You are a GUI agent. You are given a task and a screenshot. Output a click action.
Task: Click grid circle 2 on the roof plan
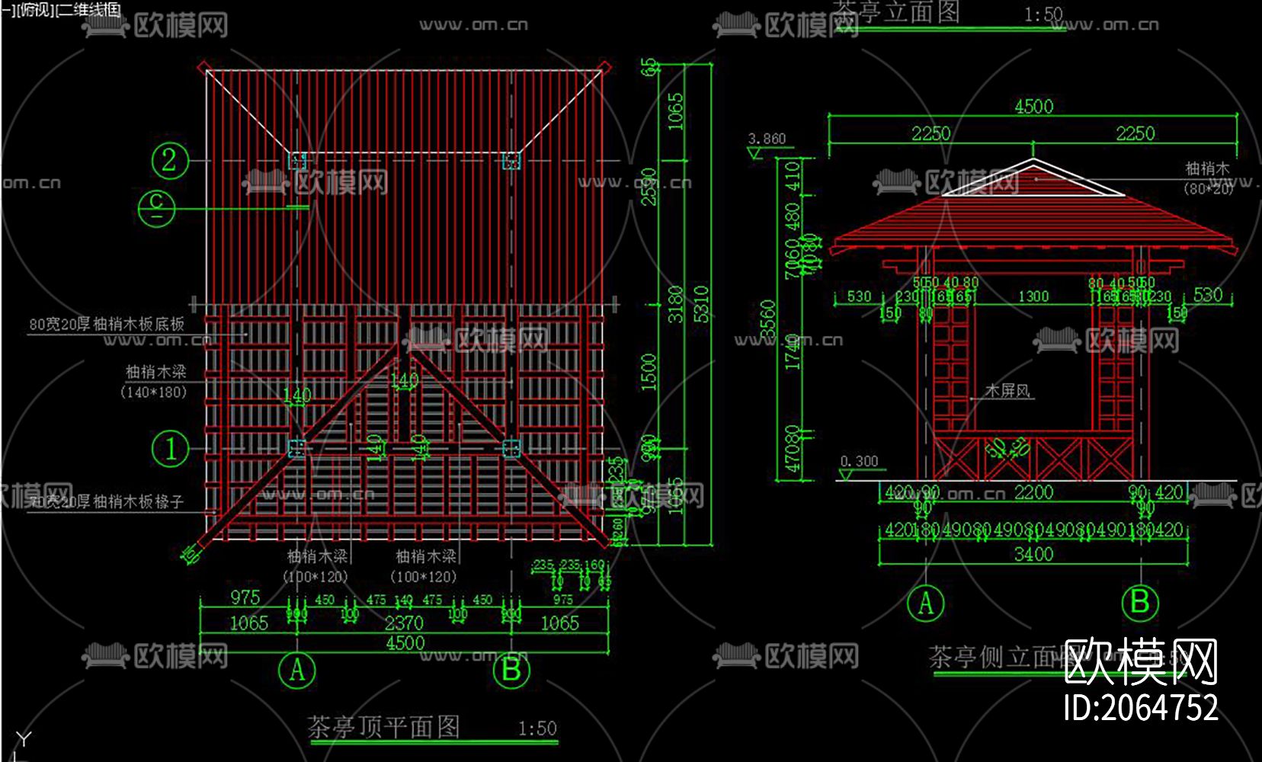pyautogui.click(x=169, y=160)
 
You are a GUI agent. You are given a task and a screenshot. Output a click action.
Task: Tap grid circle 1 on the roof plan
pyautogui.click(x=170, y=448)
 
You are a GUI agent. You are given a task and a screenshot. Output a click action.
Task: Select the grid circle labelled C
pyautogui.click(x=157, y=207)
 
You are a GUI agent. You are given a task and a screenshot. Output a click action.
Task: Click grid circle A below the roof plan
pyautogui.click(x=297, y=671)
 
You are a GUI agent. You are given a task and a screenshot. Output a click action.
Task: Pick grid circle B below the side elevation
pyautogui.click(x=1140, y=602)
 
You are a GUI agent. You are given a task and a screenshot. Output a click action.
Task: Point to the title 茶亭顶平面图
pyautogui.click(x=383, y=727)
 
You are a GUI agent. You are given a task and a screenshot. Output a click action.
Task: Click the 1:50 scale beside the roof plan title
pyautogui.click(x=537, y=729)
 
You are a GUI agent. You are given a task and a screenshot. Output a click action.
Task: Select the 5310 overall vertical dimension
pyautogui.click(x=701, y=303)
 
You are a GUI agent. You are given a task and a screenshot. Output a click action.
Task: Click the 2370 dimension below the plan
pyautogui.click(x=404, y=623)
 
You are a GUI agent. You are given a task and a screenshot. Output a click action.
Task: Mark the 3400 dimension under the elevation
pyautogui.click(x=1033, y=554)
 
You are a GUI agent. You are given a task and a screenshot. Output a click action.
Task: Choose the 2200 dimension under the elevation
pyautogui.click(x=1033, y=493)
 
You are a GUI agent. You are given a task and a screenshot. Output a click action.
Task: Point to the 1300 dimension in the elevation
pyautogui.click(x=1033, y=296)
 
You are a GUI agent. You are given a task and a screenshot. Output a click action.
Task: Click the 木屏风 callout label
pyautogui.click(x=1007, y=391)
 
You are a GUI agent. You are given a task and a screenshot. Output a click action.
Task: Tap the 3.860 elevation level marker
pyautogui.click(x=767, y=139)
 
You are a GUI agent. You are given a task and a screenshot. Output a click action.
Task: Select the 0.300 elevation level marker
pyautogui.click(x=859, y=462)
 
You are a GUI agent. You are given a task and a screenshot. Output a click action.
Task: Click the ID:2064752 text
pyautogui.click(x=1141, y=708)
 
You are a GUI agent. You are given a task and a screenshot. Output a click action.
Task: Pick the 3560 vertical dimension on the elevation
pyautogui.click(x=768, y=320)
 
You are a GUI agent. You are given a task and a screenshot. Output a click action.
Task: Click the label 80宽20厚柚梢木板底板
pyautogui.click(x=107, y=324)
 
